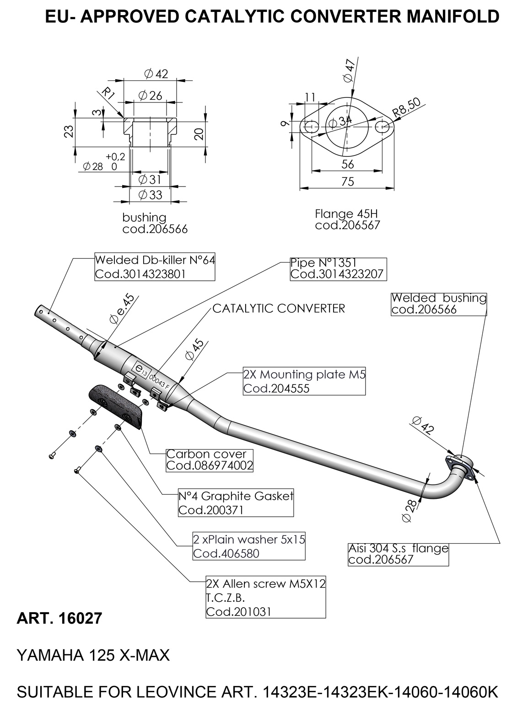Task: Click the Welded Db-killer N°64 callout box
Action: click(155, 267)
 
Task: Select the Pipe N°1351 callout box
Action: click(338, 269)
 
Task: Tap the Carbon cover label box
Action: click(210, 460)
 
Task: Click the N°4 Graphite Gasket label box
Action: click(236, 503)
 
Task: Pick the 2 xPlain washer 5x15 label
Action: click(249, 546)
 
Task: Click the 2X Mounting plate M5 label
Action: click(304, 381)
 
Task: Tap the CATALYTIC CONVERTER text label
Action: click(279, 309)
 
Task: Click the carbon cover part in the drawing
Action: click(116, 406)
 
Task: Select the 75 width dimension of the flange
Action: click(347, 182)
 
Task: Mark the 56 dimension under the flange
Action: click(347, 164)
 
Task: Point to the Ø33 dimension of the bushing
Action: click(150, 195)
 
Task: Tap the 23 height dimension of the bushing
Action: click(69, 131)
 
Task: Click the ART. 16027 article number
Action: click(59, 618)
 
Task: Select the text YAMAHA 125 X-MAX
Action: click(93, 656)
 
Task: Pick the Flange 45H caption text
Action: click(346, 214)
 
